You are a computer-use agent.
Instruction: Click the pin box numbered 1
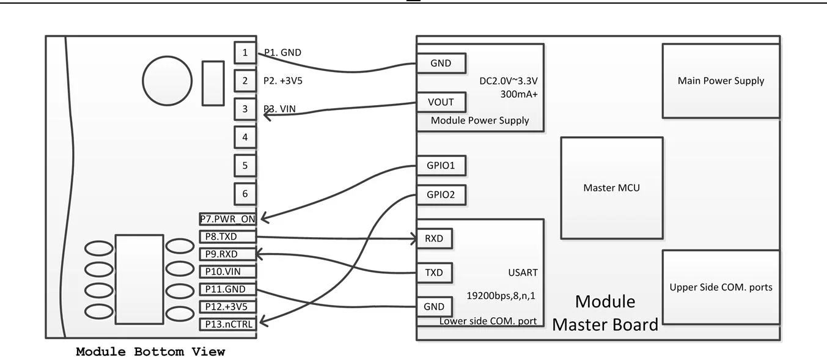pos(245,53)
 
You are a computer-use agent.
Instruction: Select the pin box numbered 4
pos(245,137)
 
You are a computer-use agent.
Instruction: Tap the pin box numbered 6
pos(245,194)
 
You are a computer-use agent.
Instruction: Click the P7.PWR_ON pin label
pos(227,219)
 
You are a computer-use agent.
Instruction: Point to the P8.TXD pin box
pos(227,237)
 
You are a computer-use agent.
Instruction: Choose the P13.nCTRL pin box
pos(227,324)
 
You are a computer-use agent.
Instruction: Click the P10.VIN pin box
pos(227,271)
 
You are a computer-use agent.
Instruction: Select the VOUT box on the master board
pos(441,102)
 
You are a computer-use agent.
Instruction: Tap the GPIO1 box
pos(441,166)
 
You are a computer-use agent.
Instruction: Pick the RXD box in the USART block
pos(434,239)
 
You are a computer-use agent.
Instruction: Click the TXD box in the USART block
pos(434,273)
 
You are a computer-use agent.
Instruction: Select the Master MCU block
pos(611,188)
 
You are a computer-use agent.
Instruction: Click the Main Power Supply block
pos(721,81)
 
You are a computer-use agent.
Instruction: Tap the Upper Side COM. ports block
pos(721,287)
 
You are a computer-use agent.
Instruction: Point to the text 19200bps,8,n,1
pos(501,295)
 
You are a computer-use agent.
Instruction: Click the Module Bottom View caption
pos(150,352)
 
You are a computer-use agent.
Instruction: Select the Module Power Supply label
pos(480,120)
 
